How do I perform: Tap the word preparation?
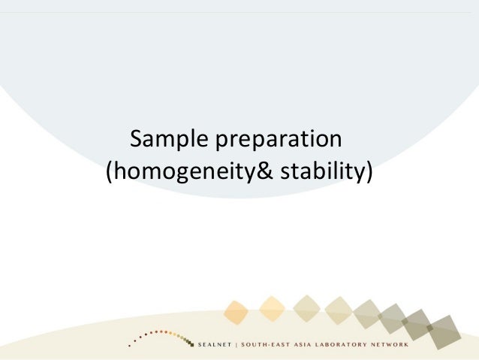click(x=279, y=140)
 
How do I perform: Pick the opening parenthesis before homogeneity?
click(x=110, y=172)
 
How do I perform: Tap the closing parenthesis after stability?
click(x=369, y=172)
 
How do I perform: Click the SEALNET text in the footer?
click(x=215, y=345)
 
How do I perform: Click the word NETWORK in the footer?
click(x=390, y=345)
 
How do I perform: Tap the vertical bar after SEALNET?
click(x=236, y=345)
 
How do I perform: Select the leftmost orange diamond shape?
click(x=236, y=313)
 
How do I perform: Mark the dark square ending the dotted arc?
click(x=192, y=345)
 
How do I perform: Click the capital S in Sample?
click(x=137, y=139)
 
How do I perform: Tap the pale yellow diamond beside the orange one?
click(x=272, y=309)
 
